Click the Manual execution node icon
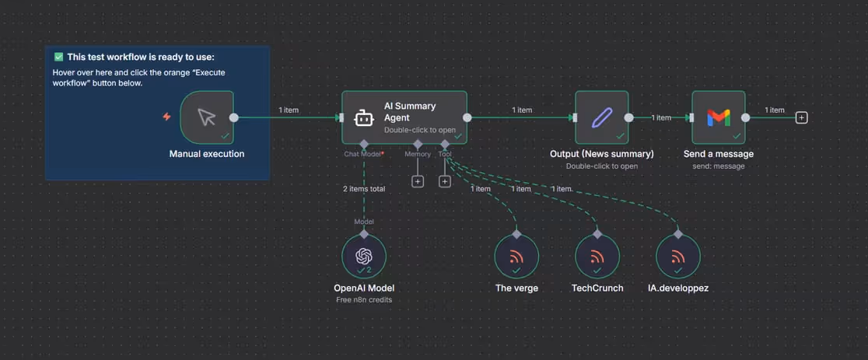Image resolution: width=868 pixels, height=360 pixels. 206,117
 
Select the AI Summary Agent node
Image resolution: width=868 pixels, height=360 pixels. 404,117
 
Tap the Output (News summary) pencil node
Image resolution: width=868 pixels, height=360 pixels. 601,117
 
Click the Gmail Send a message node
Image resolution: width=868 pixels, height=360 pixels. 719,117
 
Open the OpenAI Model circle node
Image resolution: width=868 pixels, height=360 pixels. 364,257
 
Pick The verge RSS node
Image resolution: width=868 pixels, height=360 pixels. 516,257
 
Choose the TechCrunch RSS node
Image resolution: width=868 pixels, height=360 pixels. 597,257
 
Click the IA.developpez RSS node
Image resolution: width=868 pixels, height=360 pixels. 678,257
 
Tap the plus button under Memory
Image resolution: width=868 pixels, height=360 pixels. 418,181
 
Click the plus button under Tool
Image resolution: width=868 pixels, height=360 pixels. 445,181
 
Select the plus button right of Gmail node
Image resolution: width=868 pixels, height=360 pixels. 801,117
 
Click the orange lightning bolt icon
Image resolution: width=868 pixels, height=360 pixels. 166,117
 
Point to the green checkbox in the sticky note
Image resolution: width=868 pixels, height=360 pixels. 58,57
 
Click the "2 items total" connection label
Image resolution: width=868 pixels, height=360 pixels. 364,188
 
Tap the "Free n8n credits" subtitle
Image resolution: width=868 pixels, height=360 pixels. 364,300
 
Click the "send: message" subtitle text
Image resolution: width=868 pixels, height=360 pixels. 719,166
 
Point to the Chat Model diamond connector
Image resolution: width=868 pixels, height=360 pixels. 364,144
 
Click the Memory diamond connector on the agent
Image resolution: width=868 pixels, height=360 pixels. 418,144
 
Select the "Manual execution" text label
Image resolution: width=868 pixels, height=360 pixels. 207,154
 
